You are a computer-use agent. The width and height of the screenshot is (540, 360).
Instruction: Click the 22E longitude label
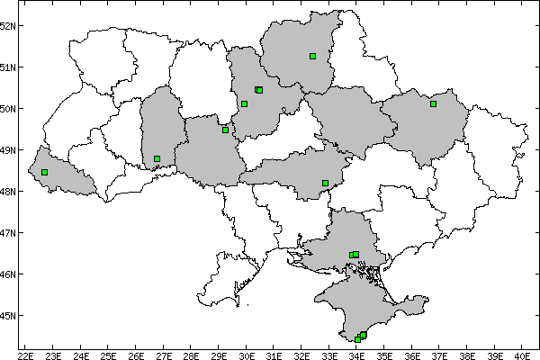[x=26, y=354]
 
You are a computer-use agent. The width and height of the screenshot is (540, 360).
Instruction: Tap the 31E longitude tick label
[x=274, y=354]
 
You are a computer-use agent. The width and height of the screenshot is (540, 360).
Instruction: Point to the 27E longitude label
[x=164, y=354]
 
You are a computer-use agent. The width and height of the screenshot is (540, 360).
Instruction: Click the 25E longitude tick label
[x=109, y=354]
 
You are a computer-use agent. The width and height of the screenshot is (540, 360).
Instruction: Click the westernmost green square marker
[x=44, y=172]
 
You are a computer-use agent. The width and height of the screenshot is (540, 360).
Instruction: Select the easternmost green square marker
[x=433, y=103]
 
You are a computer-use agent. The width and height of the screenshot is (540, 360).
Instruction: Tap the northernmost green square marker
[x=312, y=56]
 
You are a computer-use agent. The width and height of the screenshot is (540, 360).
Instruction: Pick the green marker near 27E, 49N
[x=157, y=158]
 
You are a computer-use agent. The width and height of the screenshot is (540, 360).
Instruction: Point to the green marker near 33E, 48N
[x=325, y=183]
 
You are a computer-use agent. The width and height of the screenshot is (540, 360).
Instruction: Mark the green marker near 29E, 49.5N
[x=225, y=130]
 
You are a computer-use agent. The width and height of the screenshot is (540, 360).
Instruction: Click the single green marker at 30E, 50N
[x=244, y=103]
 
